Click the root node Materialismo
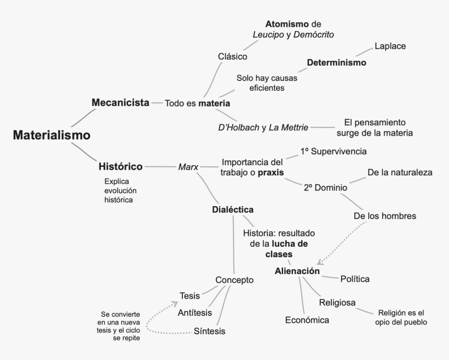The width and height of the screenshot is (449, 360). (x=51, y=135)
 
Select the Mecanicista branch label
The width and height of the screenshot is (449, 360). (x=120, y=102)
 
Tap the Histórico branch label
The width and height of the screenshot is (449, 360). (x=120, y=166)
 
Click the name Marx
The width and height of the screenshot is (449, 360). (x=188, y=167)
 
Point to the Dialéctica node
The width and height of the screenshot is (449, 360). (x=233, y=210)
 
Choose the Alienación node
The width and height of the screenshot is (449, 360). (x=297, y=271)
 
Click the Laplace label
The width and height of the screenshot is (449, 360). (x=390, y=46)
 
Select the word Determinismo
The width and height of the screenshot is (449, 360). (x=336, y=62)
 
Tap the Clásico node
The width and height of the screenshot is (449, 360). (x=233, y=56)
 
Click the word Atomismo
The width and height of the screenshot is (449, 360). (x=287, y=24)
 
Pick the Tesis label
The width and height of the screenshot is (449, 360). (x=189, y=295)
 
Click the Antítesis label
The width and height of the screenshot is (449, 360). (x=195, y=312)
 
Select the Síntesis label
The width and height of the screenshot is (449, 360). (x=210, y=331)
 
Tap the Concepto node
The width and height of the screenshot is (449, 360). (x=234, y=280)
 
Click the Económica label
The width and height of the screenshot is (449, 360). (x=307, y=320)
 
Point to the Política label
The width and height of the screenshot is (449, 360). (x=355, y=279)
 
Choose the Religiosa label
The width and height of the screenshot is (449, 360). (x=337, y=303)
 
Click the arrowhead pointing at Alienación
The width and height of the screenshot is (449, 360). (x=320, y=262)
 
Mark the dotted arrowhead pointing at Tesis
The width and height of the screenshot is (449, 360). (x=175, y=303)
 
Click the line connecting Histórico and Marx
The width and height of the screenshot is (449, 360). (x=160, y=166)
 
